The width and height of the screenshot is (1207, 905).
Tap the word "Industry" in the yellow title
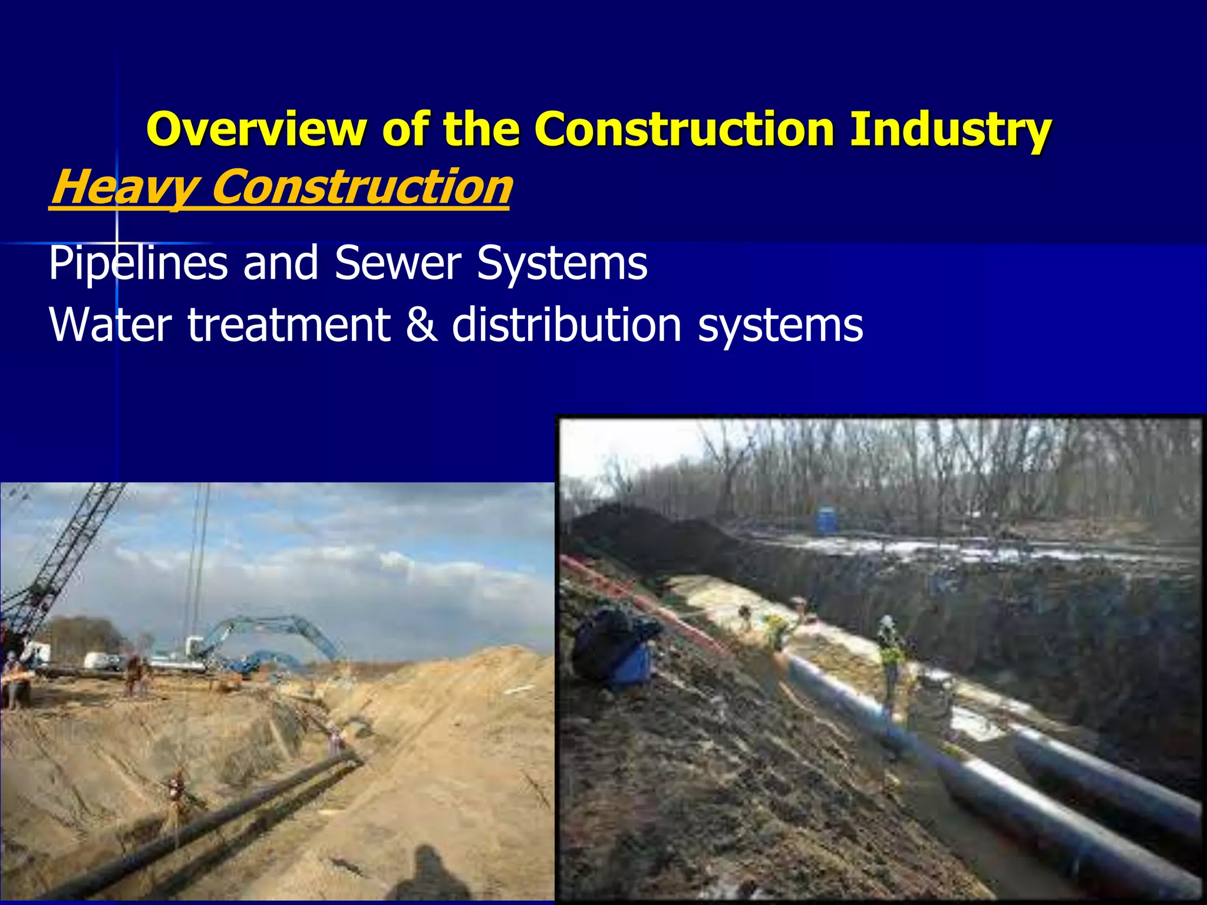pyautogui.click(x=950, y=130)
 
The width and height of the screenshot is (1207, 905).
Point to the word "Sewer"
pyautogui.click(x=398, y=263)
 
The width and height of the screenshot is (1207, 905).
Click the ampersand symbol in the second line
pyautogui.click(x=421, y=325)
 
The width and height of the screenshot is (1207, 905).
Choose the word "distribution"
pyautogui.click(x=566, y=325)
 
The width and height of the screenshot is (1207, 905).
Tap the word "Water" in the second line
pyautogui.click(x=110, y=325)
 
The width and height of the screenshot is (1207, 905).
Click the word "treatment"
pyautogui.click(x=289, y=325)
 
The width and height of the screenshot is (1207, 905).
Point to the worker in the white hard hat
pyautogui.click(x=889, y=648)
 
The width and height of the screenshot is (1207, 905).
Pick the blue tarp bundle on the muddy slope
pyautogui.click(x=613, y=648)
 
